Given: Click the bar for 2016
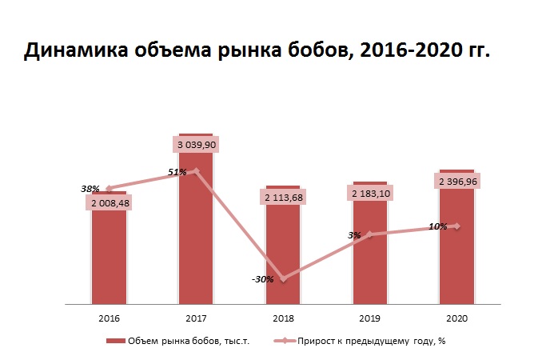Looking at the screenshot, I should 109,256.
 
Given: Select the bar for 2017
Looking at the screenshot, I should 196,240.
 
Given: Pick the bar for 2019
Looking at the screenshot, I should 369,256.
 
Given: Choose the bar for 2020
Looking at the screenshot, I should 456,256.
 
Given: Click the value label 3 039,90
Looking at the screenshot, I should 196,145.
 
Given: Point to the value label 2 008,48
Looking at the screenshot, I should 109,203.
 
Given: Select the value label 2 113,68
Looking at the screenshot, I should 282,197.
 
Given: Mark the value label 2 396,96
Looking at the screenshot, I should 456,182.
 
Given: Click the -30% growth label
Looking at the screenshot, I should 262,279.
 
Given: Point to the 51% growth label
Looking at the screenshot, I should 177,172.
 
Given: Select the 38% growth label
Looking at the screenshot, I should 90,189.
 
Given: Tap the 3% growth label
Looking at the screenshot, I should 354,235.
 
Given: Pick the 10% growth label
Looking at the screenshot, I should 437,226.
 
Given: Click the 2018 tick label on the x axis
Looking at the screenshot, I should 282,318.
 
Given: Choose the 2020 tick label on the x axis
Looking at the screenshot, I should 456,318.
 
